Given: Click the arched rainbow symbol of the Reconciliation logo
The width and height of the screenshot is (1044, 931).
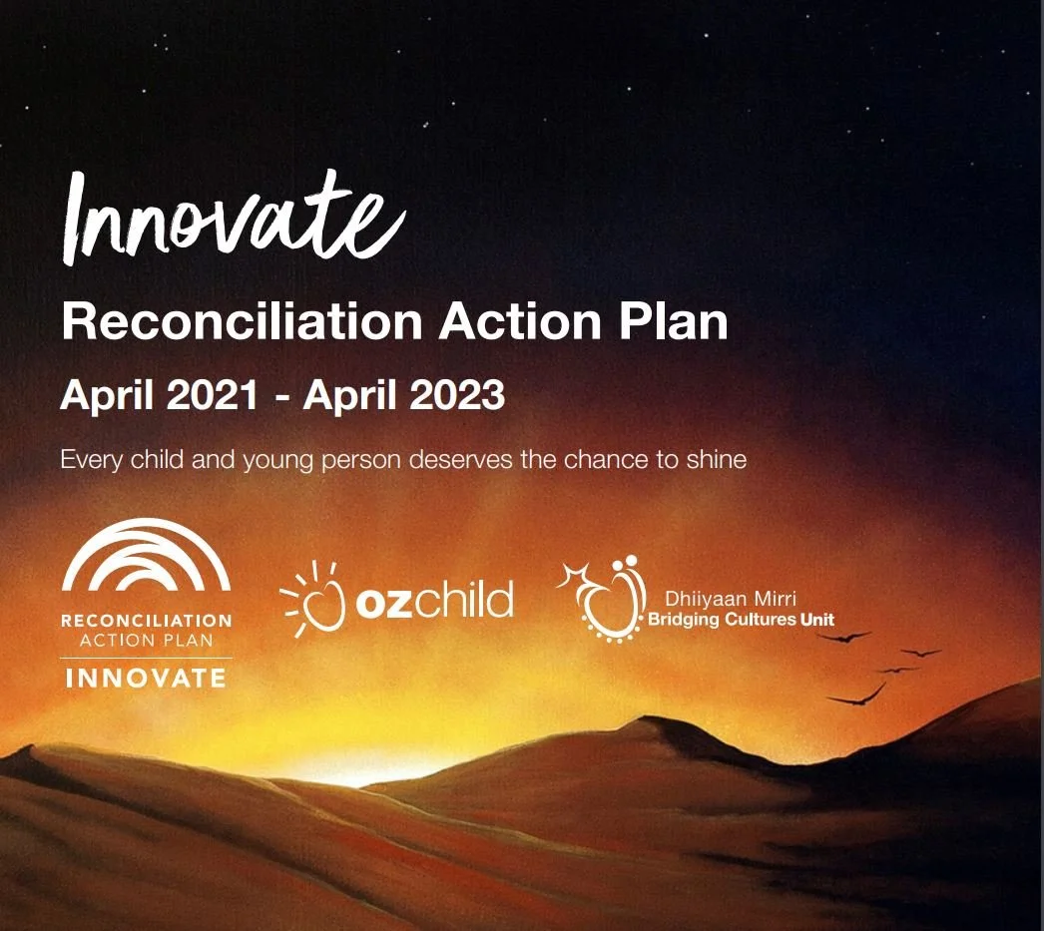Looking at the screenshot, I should tap(147, 560).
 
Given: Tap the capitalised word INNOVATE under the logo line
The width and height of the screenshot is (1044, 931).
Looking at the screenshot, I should tap(146, 679).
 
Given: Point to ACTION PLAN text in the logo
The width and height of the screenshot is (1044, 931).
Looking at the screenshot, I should tap(146, 640).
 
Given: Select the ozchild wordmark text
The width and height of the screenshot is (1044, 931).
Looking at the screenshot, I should tap(434, 602).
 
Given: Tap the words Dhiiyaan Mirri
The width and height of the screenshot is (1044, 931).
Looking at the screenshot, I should tap(717, 601).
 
